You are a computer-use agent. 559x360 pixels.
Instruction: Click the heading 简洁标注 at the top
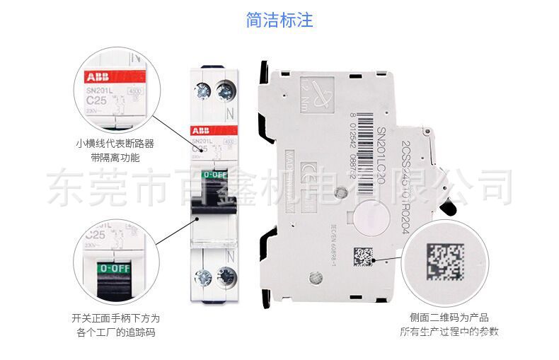279,20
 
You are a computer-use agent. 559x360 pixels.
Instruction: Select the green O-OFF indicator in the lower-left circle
113,268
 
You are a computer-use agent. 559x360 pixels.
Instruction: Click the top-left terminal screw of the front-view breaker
202,90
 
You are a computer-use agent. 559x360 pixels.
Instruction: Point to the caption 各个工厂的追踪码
115,331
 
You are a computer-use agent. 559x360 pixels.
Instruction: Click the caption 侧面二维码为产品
449,318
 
